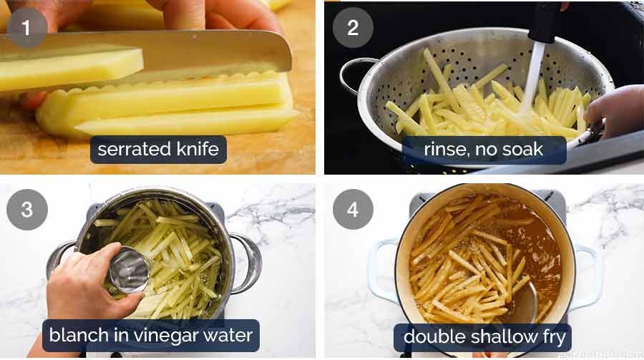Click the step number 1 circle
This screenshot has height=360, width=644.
[x=27, y=28]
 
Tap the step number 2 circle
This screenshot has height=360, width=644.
[x=353, y=27]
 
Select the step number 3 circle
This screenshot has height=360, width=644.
[x=27, y=210]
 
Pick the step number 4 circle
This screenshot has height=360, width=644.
[x=353, y=210]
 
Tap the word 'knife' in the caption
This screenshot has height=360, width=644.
[x=197, y=149]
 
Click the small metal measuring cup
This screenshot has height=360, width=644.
[x=129, y=270]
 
